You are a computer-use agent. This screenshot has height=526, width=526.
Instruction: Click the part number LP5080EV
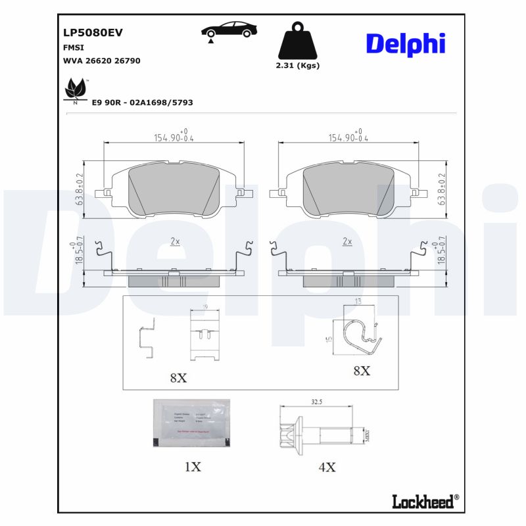click(x=93, y=32)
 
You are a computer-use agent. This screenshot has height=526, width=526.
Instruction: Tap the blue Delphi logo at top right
click(x=405, y=43)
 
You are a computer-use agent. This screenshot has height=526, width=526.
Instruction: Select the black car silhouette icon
click(x=229, y=31)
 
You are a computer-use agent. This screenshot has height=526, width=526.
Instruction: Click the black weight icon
click(x=298, y=41)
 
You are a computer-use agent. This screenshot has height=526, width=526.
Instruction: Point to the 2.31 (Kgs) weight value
click(x=297, y=66)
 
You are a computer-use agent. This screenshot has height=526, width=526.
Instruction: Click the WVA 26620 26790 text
click(x=101, y=60)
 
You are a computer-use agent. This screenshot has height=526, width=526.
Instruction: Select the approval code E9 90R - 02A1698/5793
click(x=142, y=103)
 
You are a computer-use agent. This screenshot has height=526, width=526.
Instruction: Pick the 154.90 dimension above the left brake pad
click(x=174, y=137)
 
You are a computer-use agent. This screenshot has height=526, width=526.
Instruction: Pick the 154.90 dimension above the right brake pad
click(x=348, y=137)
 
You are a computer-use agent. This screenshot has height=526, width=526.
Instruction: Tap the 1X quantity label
click(x=192, y=467)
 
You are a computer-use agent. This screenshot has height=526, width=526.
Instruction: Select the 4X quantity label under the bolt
click(x=327, y=467)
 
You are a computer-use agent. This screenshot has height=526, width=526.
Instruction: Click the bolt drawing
click(x=320, y=433)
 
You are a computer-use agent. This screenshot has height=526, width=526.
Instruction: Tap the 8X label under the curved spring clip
click(x=361, y=371)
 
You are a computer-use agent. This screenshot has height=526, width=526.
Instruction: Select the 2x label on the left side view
click(x=175, y=242)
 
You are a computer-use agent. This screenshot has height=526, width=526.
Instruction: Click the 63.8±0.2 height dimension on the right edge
click(x=442, y=189)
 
